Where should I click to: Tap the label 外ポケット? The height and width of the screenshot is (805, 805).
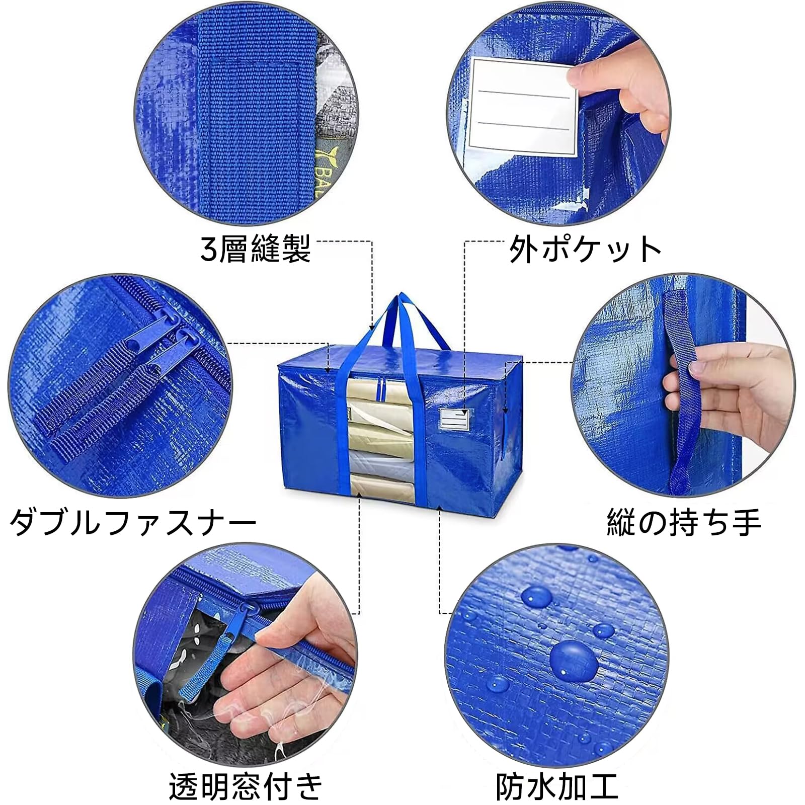pos(585,249)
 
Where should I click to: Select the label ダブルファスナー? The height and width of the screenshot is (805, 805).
pos(133,523)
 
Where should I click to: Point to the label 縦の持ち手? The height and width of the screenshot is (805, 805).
pos(684,523)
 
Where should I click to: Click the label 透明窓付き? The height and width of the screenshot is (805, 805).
pos(246,786)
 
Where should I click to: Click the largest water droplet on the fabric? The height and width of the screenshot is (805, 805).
pos(574,659)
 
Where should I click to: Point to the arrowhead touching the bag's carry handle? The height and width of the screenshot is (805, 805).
pos(372,327)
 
